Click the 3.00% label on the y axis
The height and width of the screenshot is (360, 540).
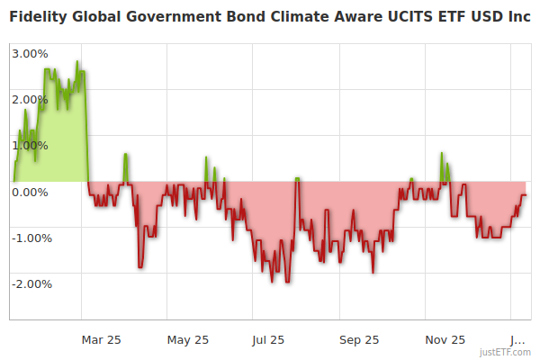(30, 52)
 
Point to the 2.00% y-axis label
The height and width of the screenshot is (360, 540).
(30, 99)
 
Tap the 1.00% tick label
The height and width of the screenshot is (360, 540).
(30, 145)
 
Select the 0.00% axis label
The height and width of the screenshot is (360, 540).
(30, 192)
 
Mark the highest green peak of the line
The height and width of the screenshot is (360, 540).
(77, 61)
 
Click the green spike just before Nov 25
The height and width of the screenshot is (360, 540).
(442, 153)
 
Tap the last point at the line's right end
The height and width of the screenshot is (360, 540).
(525, 194)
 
